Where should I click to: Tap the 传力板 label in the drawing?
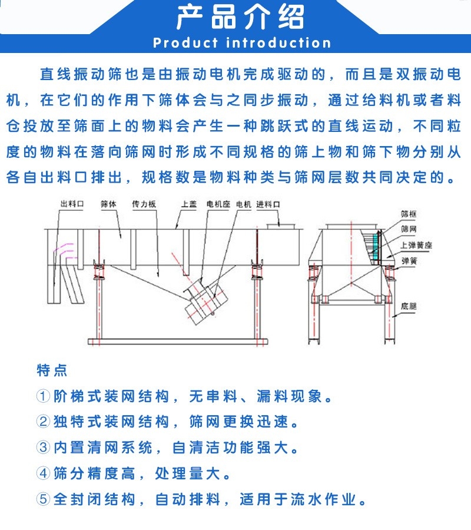pyautogui.click(x=144, y=204)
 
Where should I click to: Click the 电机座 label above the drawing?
pyautogui.click(x=218, y=204)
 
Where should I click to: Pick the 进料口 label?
pyautogui.click(x=268, y=204)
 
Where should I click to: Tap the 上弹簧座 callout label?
pyautogui.click(x=416, y=245)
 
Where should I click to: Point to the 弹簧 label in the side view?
pyautogui.click(x=409, y=260)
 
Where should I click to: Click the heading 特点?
pyautogui.click(x=52, y=370)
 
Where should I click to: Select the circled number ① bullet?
pyautogui.click(x=44, y=396)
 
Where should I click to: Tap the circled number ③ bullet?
pyautogui.click(x=44, y=448)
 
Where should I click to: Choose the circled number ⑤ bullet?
pyautogui.click(x=44, y=499)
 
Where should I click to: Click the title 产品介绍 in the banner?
pyautogui.click(x=241, y=18)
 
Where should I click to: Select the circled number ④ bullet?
pyautogui.click(x=44, y=473)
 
